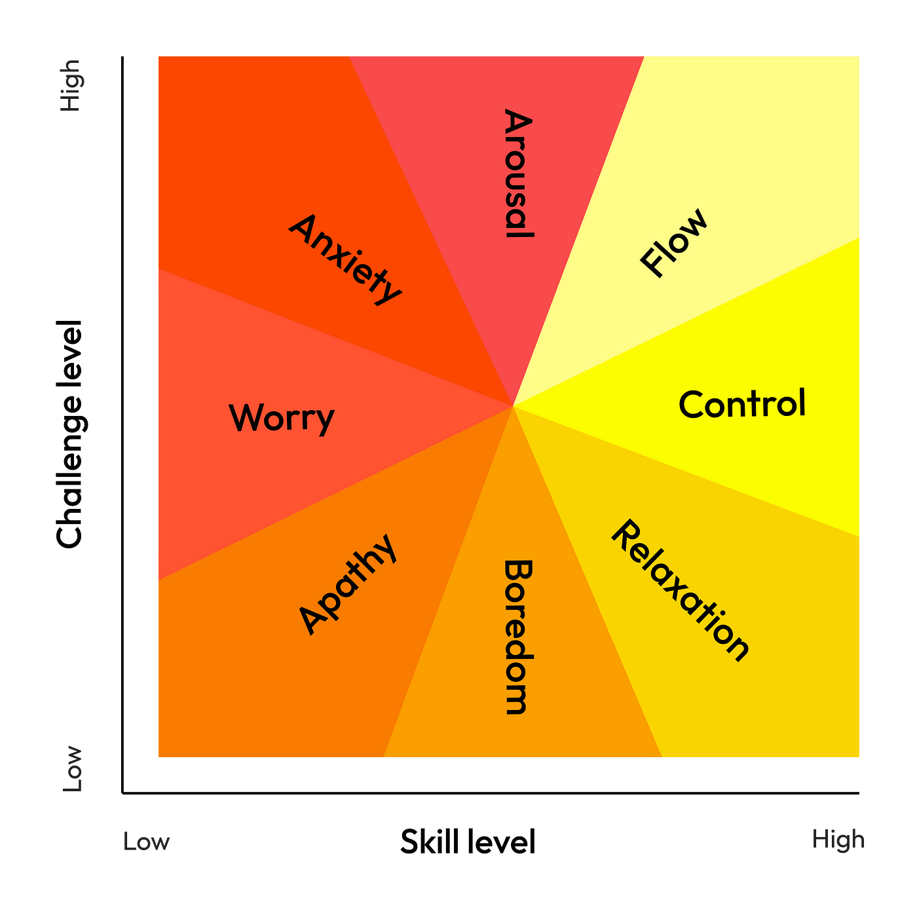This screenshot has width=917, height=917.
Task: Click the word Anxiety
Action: [345, 260]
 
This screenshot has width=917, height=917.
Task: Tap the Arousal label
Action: [518, 173]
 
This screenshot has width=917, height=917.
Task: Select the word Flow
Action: [673, 242]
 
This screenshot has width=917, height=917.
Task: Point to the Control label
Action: [742, 403]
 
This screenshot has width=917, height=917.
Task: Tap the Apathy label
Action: [348, 584]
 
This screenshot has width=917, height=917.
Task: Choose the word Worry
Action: [282, 419]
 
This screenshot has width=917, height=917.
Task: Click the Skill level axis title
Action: [468, 841]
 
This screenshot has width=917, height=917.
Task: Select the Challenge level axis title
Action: [69, 434]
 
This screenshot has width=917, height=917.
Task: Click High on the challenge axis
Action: [71, 86]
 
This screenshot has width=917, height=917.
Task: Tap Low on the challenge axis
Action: [72, 768]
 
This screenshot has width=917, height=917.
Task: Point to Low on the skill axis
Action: [146, 841]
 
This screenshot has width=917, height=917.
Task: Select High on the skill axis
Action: [838, 840]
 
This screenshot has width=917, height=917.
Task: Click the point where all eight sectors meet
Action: [512, 406]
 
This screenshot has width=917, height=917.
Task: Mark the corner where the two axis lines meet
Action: [122, 793]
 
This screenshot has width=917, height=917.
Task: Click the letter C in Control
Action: [692, 405]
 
